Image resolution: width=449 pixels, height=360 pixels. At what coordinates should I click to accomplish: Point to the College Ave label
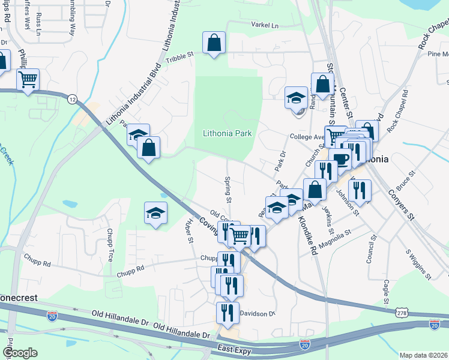click(x=306, y=137)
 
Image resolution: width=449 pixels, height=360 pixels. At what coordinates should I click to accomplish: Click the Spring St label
click(x=228, y=189)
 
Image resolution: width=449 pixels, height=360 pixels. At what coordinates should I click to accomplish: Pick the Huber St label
click(x=190, y=230)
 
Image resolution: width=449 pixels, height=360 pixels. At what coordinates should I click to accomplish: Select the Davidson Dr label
click(x=257, y=313)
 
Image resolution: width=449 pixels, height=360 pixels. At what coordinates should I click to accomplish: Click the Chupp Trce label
click(x=110, y=245)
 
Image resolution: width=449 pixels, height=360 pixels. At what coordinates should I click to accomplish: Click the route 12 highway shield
click(x=73, y=98)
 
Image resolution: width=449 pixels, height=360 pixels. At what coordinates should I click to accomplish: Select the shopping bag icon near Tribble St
click(x=214, y=43)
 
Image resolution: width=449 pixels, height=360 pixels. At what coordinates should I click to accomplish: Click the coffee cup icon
click(x=340, y=160)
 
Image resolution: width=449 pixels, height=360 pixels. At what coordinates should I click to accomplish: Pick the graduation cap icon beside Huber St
click(x=155, y=212)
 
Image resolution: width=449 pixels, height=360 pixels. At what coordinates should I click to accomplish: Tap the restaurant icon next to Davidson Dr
click(x=228, y=312)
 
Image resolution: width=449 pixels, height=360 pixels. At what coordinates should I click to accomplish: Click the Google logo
click(x=20, y=353)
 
